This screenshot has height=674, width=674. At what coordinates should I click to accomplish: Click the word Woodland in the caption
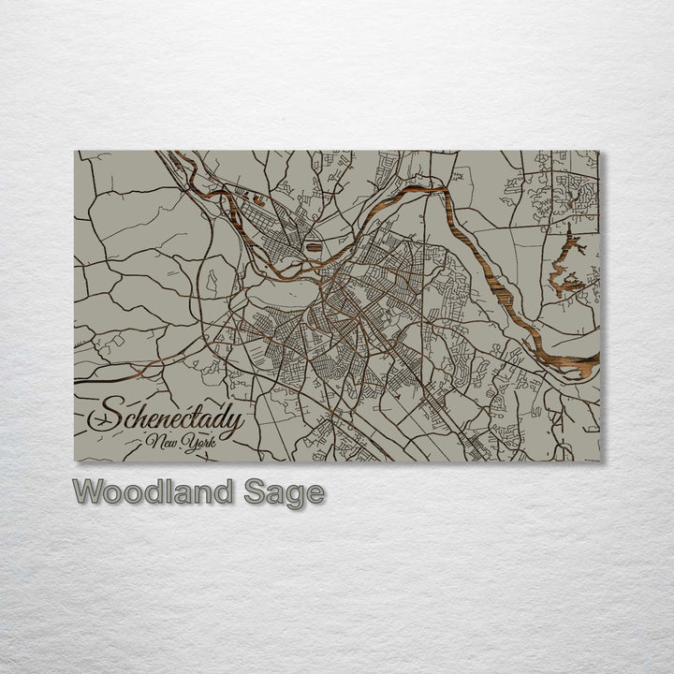[154, 491]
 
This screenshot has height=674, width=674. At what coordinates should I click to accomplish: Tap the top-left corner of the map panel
[75, 151]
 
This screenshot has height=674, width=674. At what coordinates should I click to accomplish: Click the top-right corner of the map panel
[599, 151]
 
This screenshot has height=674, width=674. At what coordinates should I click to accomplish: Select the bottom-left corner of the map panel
[75, 461]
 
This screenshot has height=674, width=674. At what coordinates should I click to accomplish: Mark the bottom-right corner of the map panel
[599, 461]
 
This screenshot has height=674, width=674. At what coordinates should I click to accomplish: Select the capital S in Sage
[256, 491]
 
